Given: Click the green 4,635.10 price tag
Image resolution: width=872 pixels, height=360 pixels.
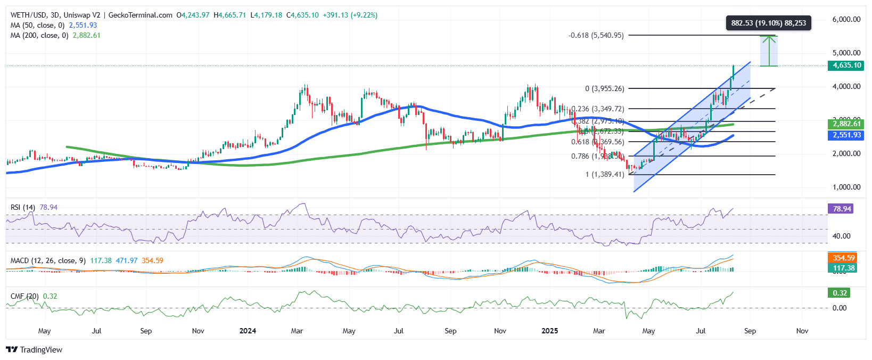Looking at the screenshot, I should pos(846,66).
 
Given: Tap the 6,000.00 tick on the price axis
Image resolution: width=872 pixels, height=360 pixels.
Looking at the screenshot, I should pos(846,19).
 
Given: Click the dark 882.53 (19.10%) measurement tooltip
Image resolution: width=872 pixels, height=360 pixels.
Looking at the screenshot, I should pos(768,23).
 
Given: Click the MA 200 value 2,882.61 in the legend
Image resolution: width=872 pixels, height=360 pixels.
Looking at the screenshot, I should pos(86,35).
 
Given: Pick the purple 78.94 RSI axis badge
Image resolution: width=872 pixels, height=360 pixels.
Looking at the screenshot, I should pos(842,209).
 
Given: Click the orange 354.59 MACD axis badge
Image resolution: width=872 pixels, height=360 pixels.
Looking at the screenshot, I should pos(843,258).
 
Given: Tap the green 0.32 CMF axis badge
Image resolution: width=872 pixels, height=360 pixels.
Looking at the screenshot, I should pos(840,293).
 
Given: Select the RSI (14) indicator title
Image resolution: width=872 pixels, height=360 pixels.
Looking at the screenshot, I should pos(23,207).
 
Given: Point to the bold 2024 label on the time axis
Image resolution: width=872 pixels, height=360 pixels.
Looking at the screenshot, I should pos(248,331).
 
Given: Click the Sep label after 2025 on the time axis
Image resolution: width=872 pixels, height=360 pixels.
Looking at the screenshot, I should pos(750,331).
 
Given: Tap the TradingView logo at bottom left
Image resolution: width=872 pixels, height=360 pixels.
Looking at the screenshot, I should pos(34,350).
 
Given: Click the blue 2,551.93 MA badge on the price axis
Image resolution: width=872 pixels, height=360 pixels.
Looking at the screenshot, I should pos(846,135).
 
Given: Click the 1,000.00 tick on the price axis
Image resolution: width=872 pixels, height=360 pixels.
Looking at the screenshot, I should pos(846,187).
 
